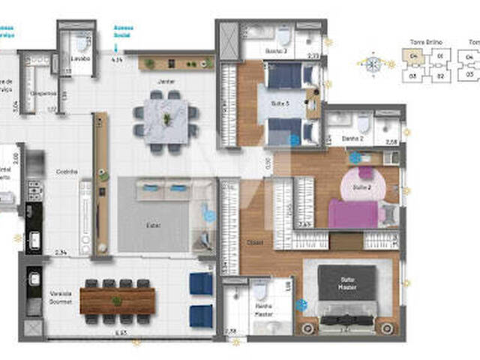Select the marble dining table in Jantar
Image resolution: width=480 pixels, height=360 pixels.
pyautogui.click(x=166, y=119)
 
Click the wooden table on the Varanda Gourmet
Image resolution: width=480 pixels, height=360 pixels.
pyautogui.click(x=117, y=300)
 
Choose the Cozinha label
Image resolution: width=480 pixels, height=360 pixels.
pyautogui.click(x=67, y=172)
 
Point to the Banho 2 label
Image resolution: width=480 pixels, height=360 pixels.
pyautogui.click(x=352, y=139)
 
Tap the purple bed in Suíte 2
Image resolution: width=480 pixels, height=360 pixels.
pyautogui.click(x=356, y=211)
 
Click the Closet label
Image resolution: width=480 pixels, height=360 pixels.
pyautogui.click(x=256, y=241)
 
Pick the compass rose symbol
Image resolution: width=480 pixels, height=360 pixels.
pyautogui.click(x=373, y=64)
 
